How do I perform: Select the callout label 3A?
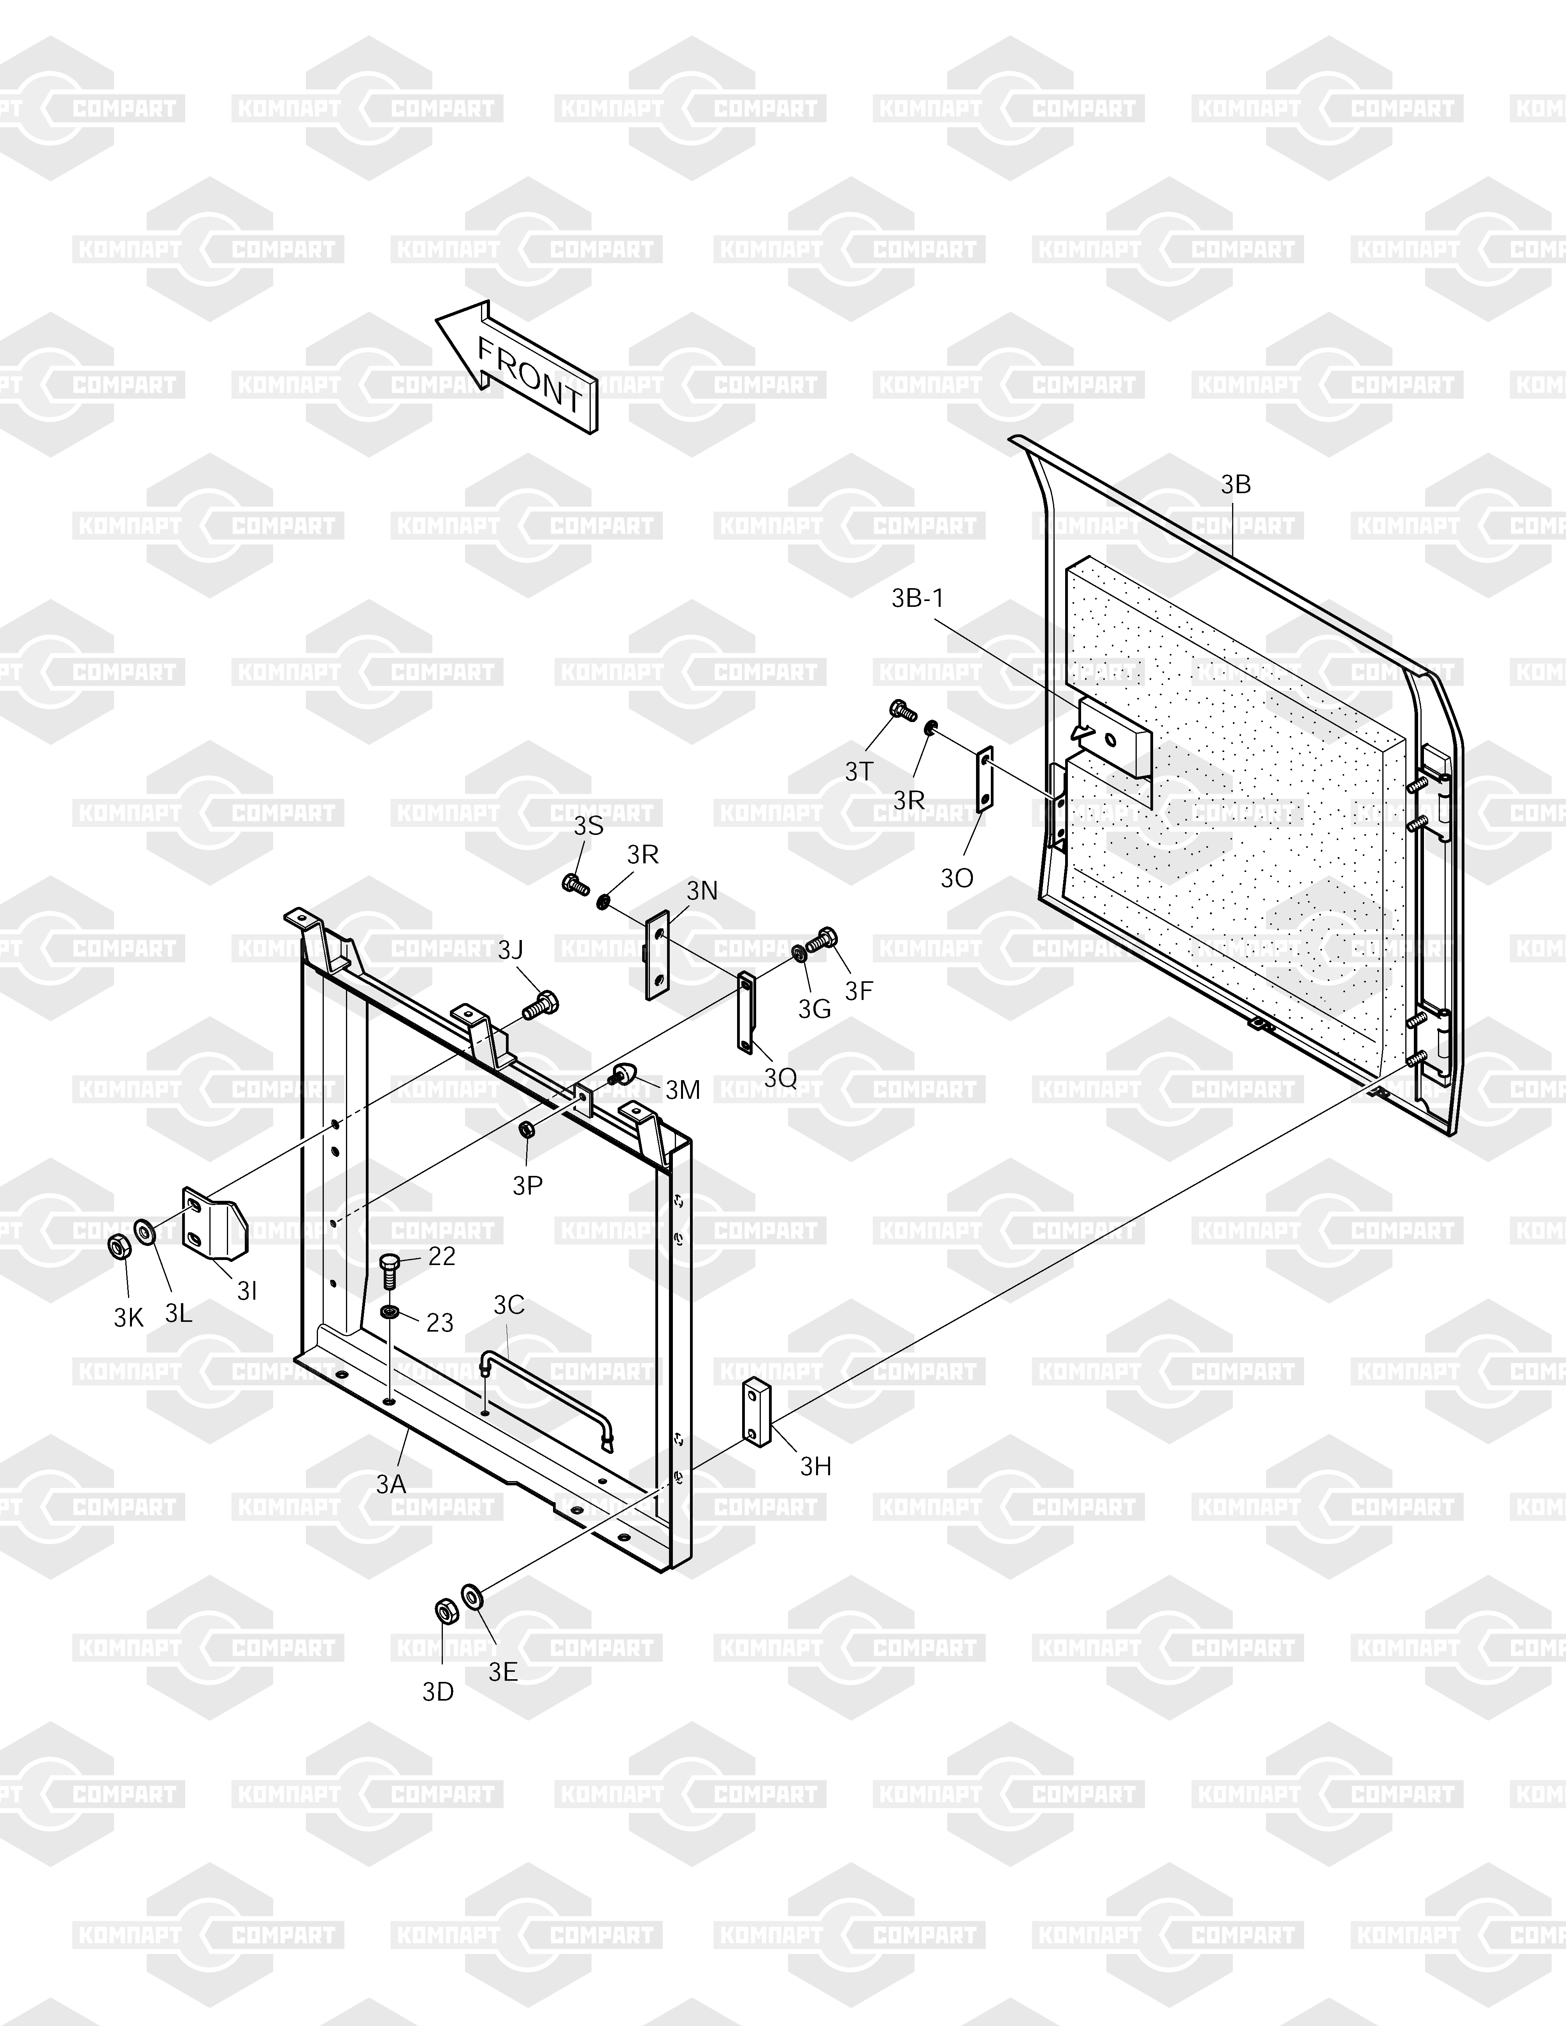391,1484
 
